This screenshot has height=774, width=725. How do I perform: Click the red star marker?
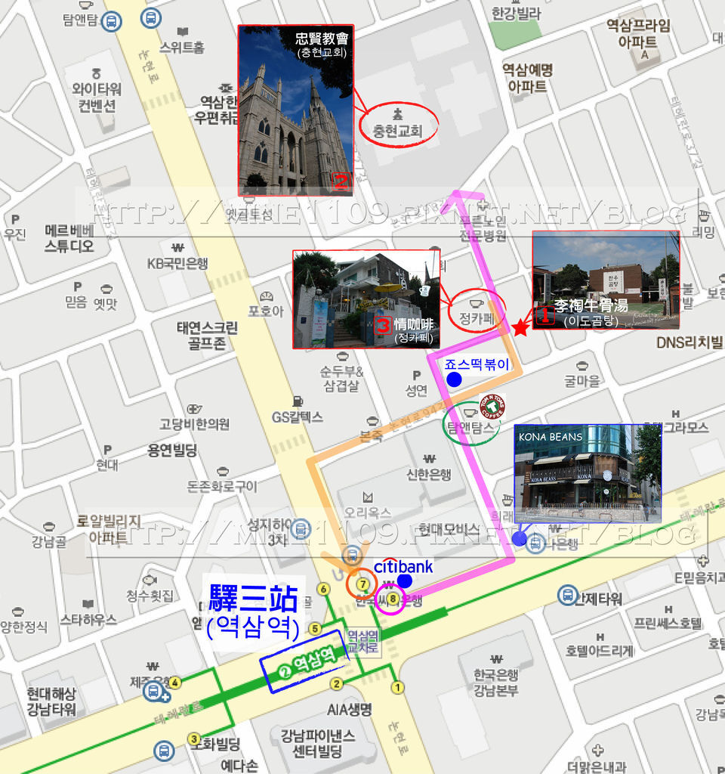(x=520, y=328)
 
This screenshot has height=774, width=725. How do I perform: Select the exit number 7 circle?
(x=363, y=584)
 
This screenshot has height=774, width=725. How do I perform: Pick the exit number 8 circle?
(x=391, y=599)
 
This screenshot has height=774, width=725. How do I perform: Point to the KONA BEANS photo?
(x=588, y=473)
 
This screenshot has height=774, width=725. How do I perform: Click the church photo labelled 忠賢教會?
(x=296, y=110)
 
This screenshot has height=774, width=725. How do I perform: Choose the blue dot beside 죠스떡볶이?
(x=454, y=379)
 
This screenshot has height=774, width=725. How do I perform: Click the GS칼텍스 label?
(x=298, y=416)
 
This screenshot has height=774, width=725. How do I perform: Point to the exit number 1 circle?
(x=397, y=688)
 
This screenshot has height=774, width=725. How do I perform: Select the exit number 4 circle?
(x=175, y=683)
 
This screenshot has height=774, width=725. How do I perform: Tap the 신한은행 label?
(x=429, y=474)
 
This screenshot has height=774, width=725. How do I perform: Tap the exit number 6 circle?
(x=324, y=589)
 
